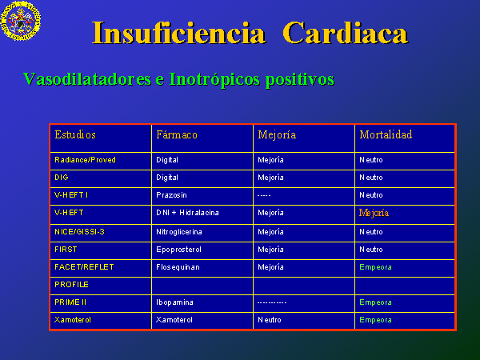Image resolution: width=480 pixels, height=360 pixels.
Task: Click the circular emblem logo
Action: [x=21, y=21]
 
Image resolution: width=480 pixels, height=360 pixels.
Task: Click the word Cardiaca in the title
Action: [x=346, y=33]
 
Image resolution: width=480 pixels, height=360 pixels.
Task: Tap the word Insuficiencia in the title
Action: [x=178, y=33]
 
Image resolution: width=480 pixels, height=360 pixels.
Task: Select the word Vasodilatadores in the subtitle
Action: [x=87, y=79]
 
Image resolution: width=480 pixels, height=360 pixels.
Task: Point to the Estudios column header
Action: [x=75, y=134]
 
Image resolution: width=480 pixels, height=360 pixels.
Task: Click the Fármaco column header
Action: [x=177, y=134]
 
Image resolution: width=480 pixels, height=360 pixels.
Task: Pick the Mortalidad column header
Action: [x=386, y=134]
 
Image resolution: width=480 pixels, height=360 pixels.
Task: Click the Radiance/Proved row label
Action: [x=85, y=160]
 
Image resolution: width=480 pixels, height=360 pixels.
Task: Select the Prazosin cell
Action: [x=171, y=195]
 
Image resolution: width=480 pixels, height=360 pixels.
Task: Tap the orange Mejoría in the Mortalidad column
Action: [x=374, y=213]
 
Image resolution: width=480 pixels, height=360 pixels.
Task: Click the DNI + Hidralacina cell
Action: [x=187, y=213]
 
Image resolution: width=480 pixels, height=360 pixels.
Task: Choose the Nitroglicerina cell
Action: [x=179, y=232]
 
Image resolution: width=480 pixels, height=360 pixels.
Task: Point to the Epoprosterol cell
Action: [x=178, y=250]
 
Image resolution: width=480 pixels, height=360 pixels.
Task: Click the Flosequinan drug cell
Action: [x=178, y=267]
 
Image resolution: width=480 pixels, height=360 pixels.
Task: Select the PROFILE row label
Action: [x=72, y=285]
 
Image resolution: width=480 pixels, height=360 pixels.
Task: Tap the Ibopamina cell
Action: [x=174, y=302]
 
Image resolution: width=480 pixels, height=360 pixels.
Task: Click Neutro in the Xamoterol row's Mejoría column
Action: [x=270, y=320]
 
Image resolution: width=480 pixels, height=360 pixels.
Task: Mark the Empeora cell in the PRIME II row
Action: [x=376, y=302]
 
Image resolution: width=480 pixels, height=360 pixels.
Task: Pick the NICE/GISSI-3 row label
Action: [x=79, y=232]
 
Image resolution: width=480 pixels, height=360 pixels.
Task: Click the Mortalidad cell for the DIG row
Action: [x=371, y=178]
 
